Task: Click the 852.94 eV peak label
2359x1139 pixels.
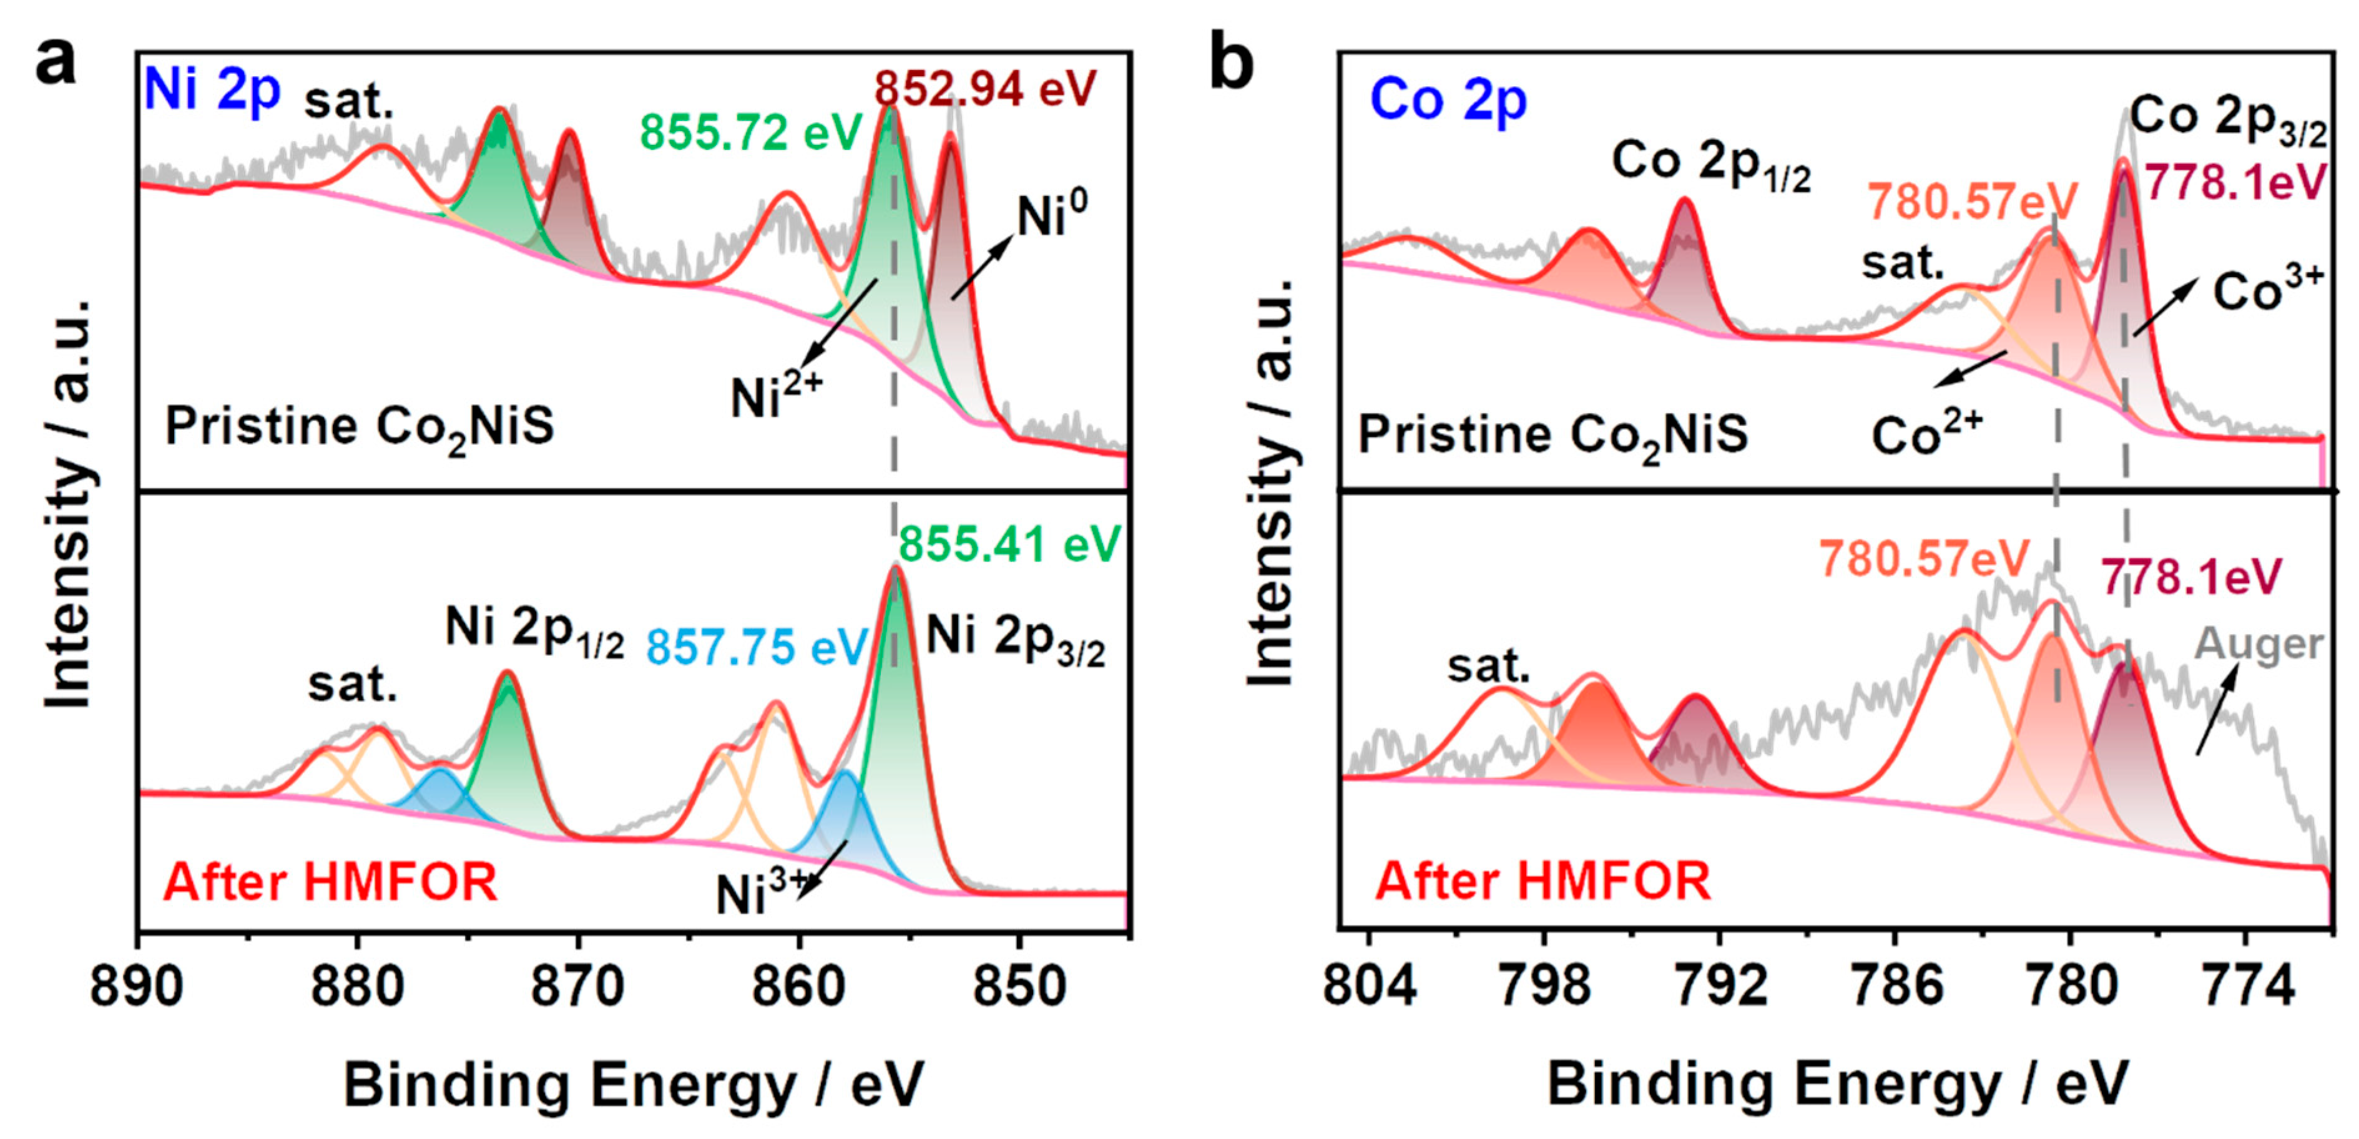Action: pyautogui.click(x=984, y=89)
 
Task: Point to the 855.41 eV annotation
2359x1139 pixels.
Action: pyautogui.click(x=1009, y=545)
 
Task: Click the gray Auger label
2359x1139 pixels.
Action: pyautogui.click(x=2258, y=643)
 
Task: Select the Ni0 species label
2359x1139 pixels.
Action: pyautogui.click(x=1052, y=216)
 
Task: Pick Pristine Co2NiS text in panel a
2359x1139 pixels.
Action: pyautogui.click(x=359, y=428)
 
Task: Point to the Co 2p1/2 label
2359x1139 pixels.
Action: pyautogui.click(x=1710, y=163)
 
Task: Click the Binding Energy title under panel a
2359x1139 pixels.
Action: pyautogui.click(x=634, y=1085)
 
